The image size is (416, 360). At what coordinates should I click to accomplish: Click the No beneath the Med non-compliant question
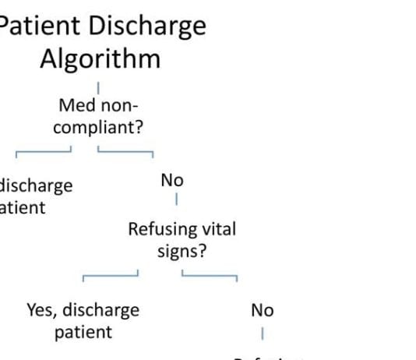coord(172,180)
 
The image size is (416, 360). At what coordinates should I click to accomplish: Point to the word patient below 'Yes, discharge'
coord(83,332)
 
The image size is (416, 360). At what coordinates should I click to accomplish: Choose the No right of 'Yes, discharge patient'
coord(263,310)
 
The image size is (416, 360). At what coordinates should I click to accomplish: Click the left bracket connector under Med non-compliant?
coord(44,149)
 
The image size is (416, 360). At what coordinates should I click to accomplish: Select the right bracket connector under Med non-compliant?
coord(125,149)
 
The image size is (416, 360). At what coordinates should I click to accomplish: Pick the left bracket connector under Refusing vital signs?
coord(111,274)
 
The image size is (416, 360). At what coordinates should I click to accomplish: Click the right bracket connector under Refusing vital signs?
coord(210,274)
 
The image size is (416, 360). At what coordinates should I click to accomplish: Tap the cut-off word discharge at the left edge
coord(37,186)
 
